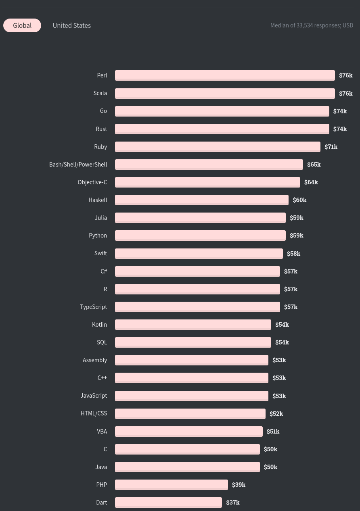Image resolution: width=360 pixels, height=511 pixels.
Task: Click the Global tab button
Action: tap(22, 25)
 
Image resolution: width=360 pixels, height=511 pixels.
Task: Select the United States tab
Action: tap(71, 25)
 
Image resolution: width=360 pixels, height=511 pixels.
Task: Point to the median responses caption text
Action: tap(312, 25)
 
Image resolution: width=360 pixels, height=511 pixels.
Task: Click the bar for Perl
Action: tap(225, 75)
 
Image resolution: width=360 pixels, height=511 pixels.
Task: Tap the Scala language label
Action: tap(100, 93)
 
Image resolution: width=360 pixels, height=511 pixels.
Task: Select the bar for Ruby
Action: tap(218, 147)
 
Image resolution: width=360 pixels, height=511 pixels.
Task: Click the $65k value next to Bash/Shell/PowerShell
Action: tap(314, 165)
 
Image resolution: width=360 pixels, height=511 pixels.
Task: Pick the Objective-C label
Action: tap(92, 182)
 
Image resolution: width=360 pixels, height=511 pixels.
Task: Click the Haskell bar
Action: tap(202, 200)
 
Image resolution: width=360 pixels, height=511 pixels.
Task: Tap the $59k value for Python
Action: tap(296, 236)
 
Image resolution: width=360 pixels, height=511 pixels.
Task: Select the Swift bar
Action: tap(199, 253)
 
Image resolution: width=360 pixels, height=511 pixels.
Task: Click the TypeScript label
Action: tap(93, 307)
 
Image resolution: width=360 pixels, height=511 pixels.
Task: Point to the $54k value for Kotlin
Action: tap(282, 325)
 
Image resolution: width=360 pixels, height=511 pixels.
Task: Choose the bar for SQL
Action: tap(193, 342)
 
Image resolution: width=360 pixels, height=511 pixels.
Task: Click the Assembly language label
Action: tap(95, 360)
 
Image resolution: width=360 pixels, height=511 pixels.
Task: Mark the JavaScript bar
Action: tap(192, 396)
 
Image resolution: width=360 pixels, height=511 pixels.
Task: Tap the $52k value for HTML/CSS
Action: tap(276, 414)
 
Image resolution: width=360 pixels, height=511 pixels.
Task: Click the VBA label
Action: tap(102, 432)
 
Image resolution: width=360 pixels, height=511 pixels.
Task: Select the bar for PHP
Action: tap(172, 485)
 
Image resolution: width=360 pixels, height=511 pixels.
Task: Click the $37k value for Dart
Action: tap(232, 503)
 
